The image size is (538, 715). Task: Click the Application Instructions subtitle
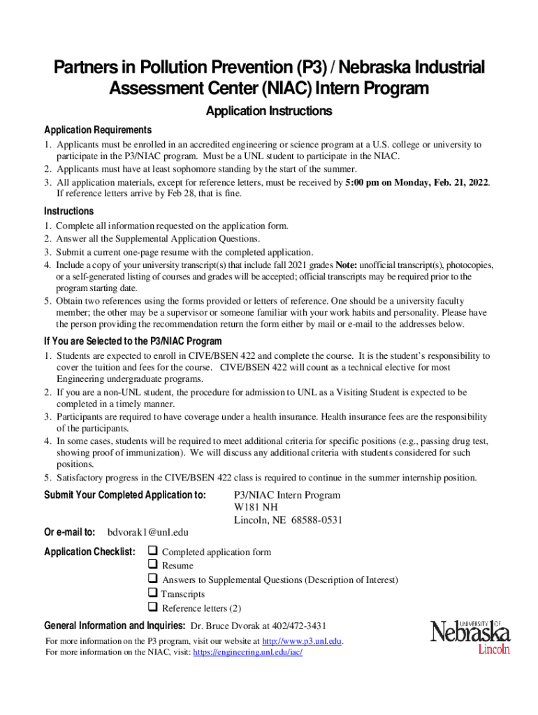tap(268, 112)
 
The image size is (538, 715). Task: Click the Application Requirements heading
tap(98, 131)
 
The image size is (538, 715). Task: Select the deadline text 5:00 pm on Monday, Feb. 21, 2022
tap(417, 182)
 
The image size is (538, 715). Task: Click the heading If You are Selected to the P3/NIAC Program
tap(133, 341)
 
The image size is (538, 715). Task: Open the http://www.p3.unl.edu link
tap(302, 641)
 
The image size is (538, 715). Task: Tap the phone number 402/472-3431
tap(296, 626)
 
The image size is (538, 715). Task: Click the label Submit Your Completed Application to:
tap(125, 495)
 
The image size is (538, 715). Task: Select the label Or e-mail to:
tap(70, 533)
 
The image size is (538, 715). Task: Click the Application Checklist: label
tap(89, 552)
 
